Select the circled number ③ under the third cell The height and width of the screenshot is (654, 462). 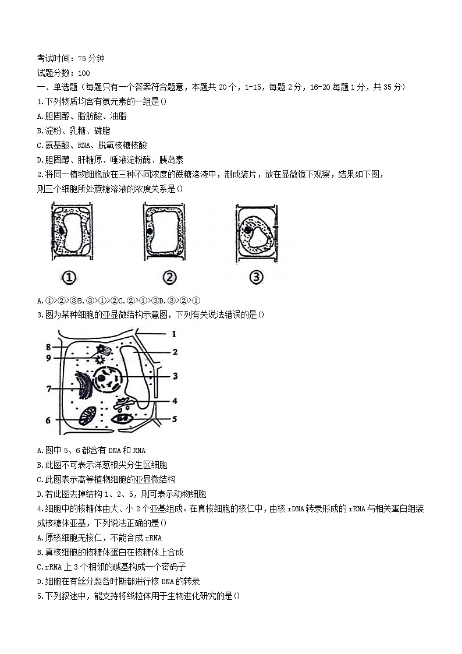pyautogui.click(x=256, y=278)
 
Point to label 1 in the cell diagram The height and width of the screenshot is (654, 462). pyautogui.click(x=173, y=334)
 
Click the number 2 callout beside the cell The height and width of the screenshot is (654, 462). pyautogui.click(x=175, y=352)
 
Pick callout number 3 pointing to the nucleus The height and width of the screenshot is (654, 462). pyautogui.click(x=175, y=376)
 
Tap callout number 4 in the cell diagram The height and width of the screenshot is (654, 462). pyautogui.click(x=174, y=401)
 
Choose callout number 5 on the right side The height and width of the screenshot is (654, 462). pyautogui.click(x=174, y=418)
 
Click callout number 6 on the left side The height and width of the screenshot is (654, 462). pyautogui.click(x=48, y=420)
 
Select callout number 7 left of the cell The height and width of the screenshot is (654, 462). pyautogui.click(x=49, y=388)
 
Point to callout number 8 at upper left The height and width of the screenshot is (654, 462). pyautogui.click(x=49, y=348)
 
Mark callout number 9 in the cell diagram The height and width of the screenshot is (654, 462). pyautogui.click(x=49, y=358)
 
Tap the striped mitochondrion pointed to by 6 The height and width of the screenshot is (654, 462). pyautogui.click(x=89, y=418)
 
